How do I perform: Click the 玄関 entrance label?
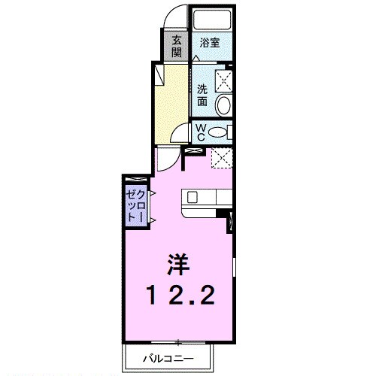[x=176, y=46]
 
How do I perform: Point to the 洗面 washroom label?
[x=203, y=96]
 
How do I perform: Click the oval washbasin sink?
[x=223, y=105]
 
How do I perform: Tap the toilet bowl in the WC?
[x=218, y=133]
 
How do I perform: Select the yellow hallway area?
[x=171, y=102]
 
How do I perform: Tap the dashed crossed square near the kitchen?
[x=220, y=159]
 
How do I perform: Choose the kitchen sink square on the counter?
[x=192, y=198]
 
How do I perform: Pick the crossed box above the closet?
[x=136, y=179]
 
